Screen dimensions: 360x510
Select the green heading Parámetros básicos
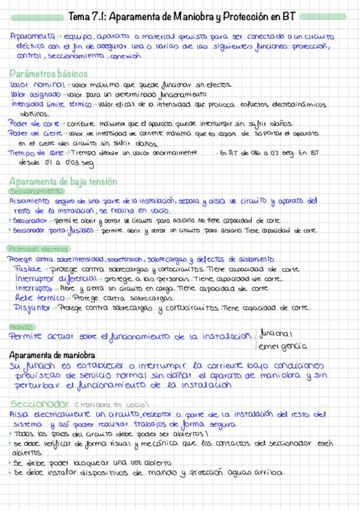point(49,73)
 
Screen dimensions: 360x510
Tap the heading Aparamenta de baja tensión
point(63,182)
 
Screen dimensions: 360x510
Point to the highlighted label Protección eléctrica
point(38,249)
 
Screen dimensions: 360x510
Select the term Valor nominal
point(34,85)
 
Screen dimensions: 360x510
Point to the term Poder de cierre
point(35,134)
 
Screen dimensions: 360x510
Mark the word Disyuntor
point(34,308)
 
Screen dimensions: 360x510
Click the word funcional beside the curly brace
point(275,333)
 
